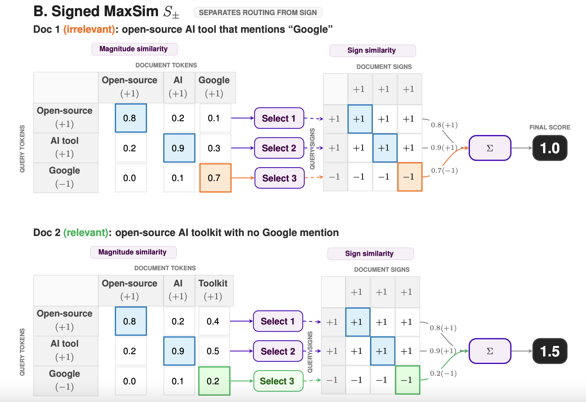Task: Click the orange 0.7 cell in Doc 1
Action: point(215,178)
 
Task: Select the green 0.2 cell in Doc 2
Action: point(214,381)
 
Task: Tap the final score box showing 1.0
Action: point(550,148)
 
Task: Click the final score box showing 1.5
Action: point(550,351)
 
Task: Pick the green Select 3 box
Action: point(278,381)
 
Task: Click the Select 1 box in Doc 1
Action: point(279,118)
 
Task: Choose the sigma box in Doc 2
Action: point(490,351)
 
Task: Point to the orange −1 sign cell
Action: point(410,177)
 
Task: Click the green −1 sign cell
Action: point(408,380)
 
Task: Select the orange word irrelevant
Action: point(89,29)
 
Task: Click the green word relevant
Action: point(86,232)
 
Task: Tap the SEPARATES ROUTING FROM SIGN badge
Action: point(258,12)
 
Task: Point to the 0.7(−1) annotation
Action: point(444,171)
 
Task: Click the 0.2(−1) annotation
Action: point(443,373)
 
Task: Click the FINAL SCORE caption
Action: point(550,128)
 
